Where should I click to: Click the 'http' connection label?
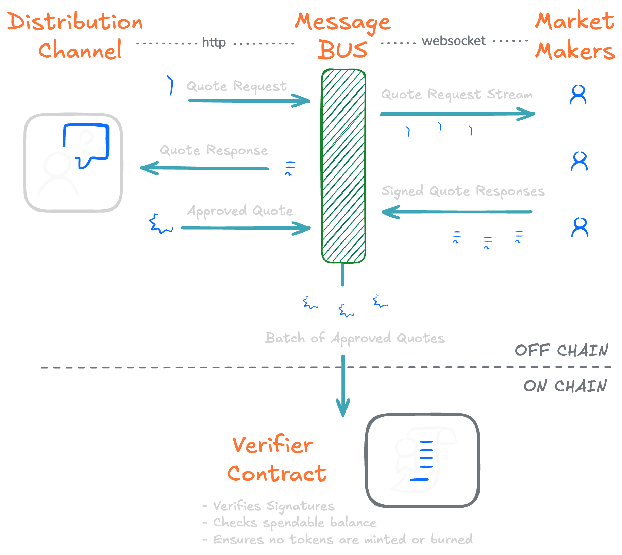point(214,43)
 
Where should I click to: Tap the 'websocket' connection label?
point(453,41)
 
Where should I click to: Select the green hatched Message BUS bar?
point(343,166)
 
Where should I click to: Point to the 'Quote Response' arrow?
point(204,168)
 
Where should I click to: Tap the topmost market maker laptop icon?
point(578,105)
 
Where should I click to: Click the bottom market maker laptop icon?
point(579,238)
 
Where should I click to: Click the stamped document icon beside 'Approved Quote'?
point(156,217)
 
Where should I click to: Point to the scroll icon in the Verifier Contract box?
point(423,459)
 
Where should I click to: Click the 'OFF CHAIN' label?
point(561,350)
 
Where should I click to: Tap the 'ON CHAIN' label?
point(565,386)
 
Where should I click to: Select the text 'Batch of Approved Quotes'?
point(355,338)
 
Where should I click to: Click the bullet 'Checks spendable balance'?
point(295,523)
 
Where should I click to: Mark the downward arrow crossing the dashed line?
point(343,384)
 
